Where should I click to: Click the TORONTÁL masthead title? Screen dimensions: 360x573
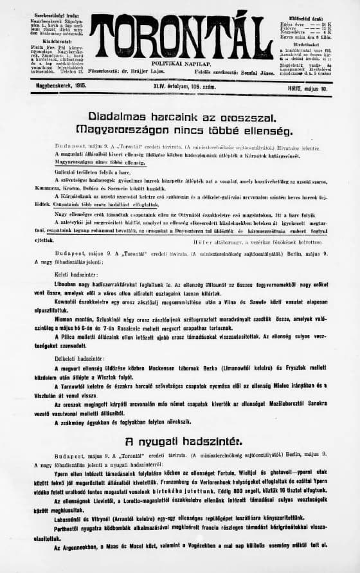[x=181, y=37]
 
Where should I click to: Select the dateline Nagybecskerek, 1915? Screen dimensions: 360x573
[x=53, y=84]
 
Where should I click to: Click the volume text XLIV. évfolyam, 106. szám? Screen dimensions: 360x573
[x=179, y=84]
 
